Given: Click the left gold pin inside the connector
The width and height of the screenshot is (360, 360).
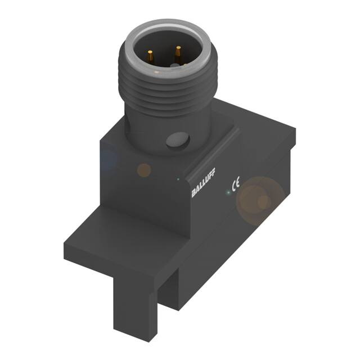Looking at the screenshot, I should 151,55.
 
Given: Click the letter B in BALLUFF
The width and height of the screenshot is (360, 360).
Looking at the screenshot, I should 194,195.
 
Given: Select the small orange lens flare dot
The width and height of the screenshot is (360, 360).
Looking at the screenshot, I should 145,169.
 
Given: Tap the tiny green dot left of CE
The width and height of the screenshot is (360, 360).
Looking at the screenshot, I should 227,192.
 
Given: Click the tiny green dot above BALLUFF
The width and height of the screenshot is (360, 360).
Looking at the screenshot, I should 178,179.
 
